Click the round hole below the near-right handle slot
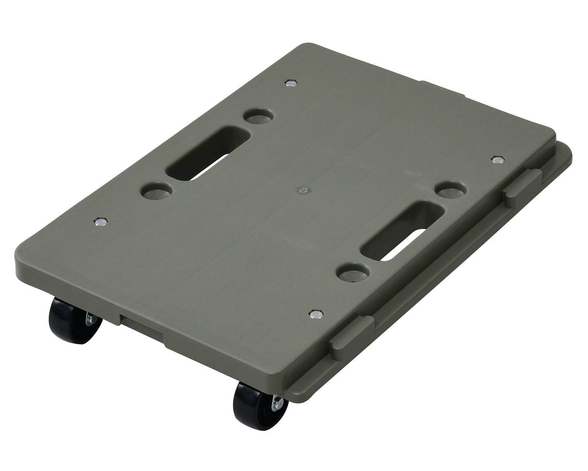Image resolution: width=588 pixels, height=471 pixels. [x=355, y=272]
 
